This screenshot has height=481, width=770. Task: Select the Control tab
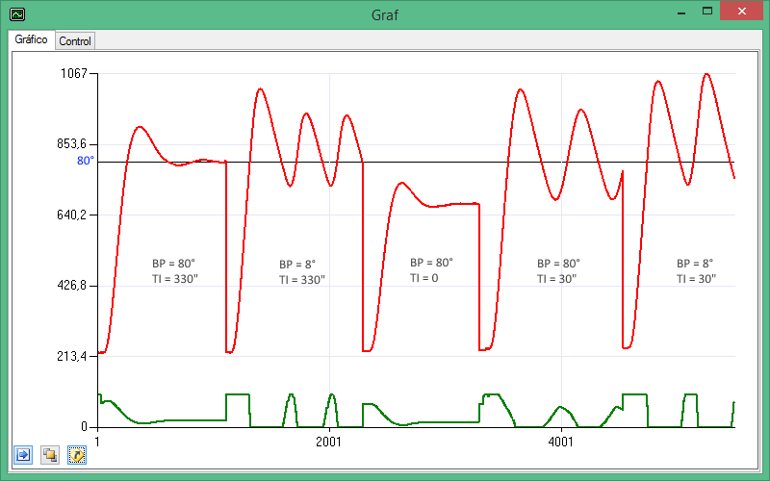tap(75, 41)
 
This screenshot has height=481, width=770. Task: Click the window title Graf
tap(385, 14)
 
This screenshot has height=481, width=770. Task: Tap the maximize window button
tap(707, 12)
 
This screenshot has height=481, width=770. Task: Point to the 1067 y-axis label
tap(73, 73)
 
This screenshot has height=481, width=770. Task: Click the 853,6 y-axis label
tap(70, 144)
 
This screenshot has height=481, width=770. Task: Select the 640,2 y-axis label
tap(70, 215)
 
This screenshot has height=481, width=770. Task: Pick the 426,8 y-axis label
tap(70, 286)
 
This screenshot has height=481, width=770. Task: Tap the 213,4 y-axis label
tap(70, 356)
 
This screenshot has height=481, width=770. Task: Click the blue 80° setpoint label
tap(86, 161)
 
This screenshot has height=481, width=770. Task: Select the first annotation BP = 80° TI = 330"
tap(174, 270)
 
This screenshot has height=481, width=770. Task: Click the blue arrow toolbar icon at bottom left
tap(23, 454)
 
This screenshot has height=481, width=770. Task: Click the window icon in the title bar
tap(16, 14)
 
